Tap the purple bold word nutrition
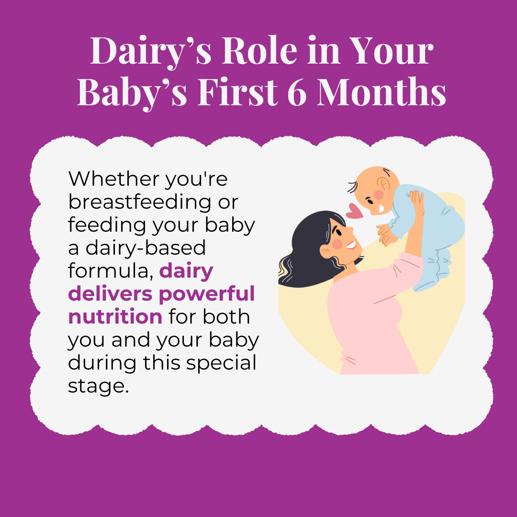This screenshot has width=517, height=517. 115,316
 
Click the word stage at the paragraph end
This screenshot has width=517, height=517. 98,386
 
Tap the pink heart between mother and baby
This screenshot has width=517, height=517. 355,211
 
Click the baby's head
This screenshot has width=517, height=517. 376,187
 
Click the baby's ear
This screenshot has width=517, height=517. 383,184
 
